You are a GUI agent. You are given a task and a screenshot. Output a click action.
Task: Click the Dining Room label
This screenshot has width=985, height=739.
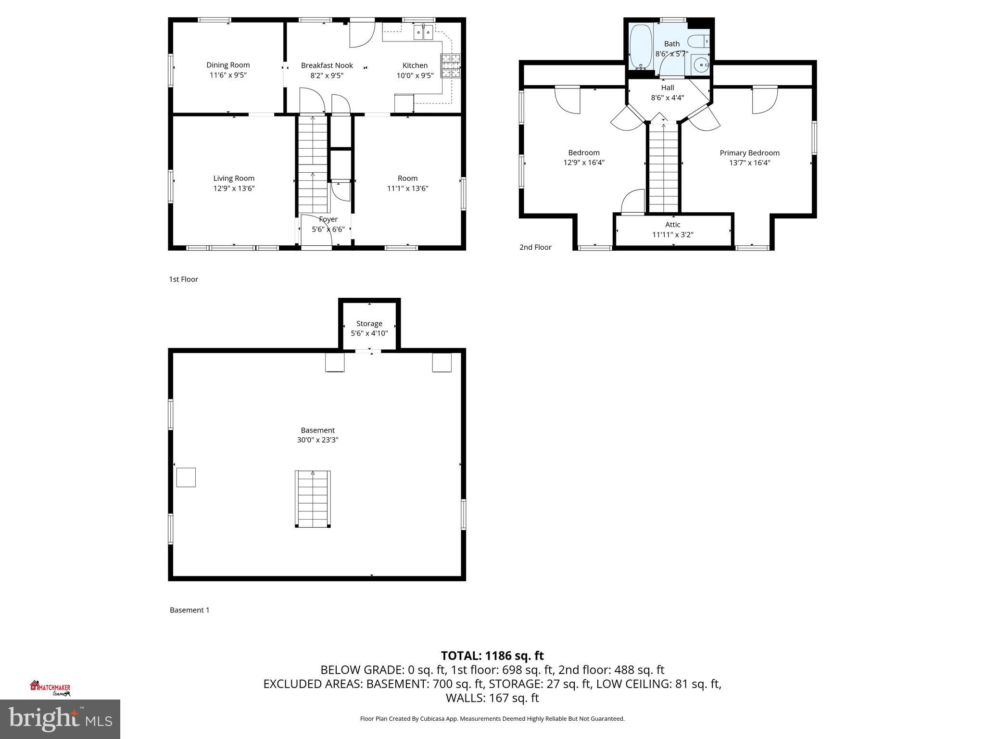tap(228, 65)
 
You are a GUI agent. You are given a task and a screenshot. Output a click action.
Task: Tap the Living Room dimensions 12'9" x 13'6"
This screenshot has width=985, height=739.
tap(234, 189)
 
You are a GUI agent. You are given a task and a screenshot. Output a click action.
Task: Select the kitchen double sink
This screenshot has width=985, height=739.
tap(423, 33)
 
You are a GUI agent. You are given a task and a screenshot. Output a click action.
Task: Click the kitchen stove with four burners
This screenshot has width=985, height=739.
tap(451, 65)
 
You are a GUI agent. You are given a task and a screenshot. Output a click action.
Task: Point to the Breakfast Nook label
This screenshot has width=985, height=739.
tap(327, 65)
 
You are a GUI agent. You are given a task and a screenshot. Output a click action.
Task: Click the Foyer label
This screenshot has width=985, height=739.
tap(328, 219)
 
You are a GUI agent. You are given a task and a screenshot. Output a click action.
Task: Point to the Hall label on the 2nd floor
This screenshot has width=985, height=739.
tap(668, 88)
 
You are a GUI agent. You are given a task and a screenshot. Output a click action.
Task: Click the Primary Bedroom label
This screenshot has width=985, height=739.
tap(749, 153)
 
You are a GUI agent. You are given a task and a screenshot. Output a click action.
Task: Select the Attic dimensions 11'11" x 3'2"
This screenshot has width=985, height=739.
tap(672, 235)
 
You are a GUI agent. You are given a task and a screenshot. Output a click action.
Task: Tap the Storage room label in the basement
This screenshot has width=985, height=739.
tap(369, 324)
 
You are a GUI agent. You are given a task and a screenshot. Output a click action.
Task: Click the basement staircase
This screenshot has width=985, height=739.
tap(313, 499)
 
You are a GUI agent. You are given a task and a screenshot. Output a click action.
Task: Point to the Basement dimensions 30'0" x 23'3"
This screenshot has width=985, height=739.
tap(317, 440)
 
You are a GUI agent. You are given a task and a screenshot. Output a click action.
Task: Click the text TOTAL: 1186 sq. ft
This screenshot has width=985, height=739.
tap(492, 656)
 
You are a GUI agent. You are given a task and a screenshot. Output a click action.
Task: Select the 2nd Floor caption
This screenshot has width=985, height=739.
tap(535, 247)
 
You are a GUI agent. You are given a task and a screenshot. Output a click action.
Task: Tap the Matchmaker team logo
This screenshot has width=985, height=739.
tap(51, 688)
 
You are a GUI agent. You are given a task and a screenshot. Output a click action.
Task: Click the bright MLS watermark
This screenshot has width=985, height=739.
tap(60, 719)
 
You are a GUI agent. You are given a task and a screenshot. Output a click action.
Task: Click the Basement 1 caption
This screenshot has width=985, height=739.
tap(189, 610)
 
